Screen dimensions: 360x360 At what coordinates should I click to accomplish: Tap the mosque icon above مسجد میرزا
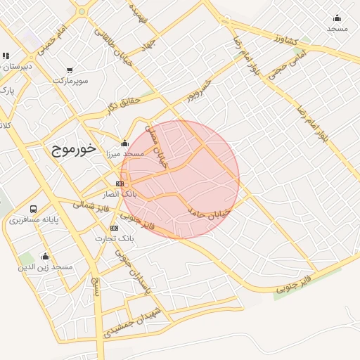[125, 143]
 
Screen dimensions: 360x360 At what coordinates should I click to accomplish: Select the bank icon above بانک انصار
[120, 184]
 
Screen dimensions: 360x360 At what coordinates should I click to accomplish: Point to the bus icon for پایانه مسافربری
[34, 210]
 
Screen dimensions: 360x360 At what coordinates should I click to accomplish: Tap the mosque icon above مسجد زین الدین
[46, 257]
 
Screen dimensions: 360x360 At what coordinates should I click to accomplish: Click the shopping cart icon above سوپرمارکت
[70, 70]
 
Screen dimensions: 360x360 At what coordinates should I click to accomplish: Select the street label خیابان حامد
[209, 212]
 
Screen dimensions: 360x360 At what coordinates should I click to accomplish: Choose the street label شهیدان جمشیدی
[134, 320]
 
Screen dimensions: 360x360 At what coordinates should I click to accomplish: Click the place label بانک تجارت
[115, 239]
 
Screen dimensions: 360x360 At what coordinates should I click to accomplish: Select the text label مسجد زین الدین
[46, 268]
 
